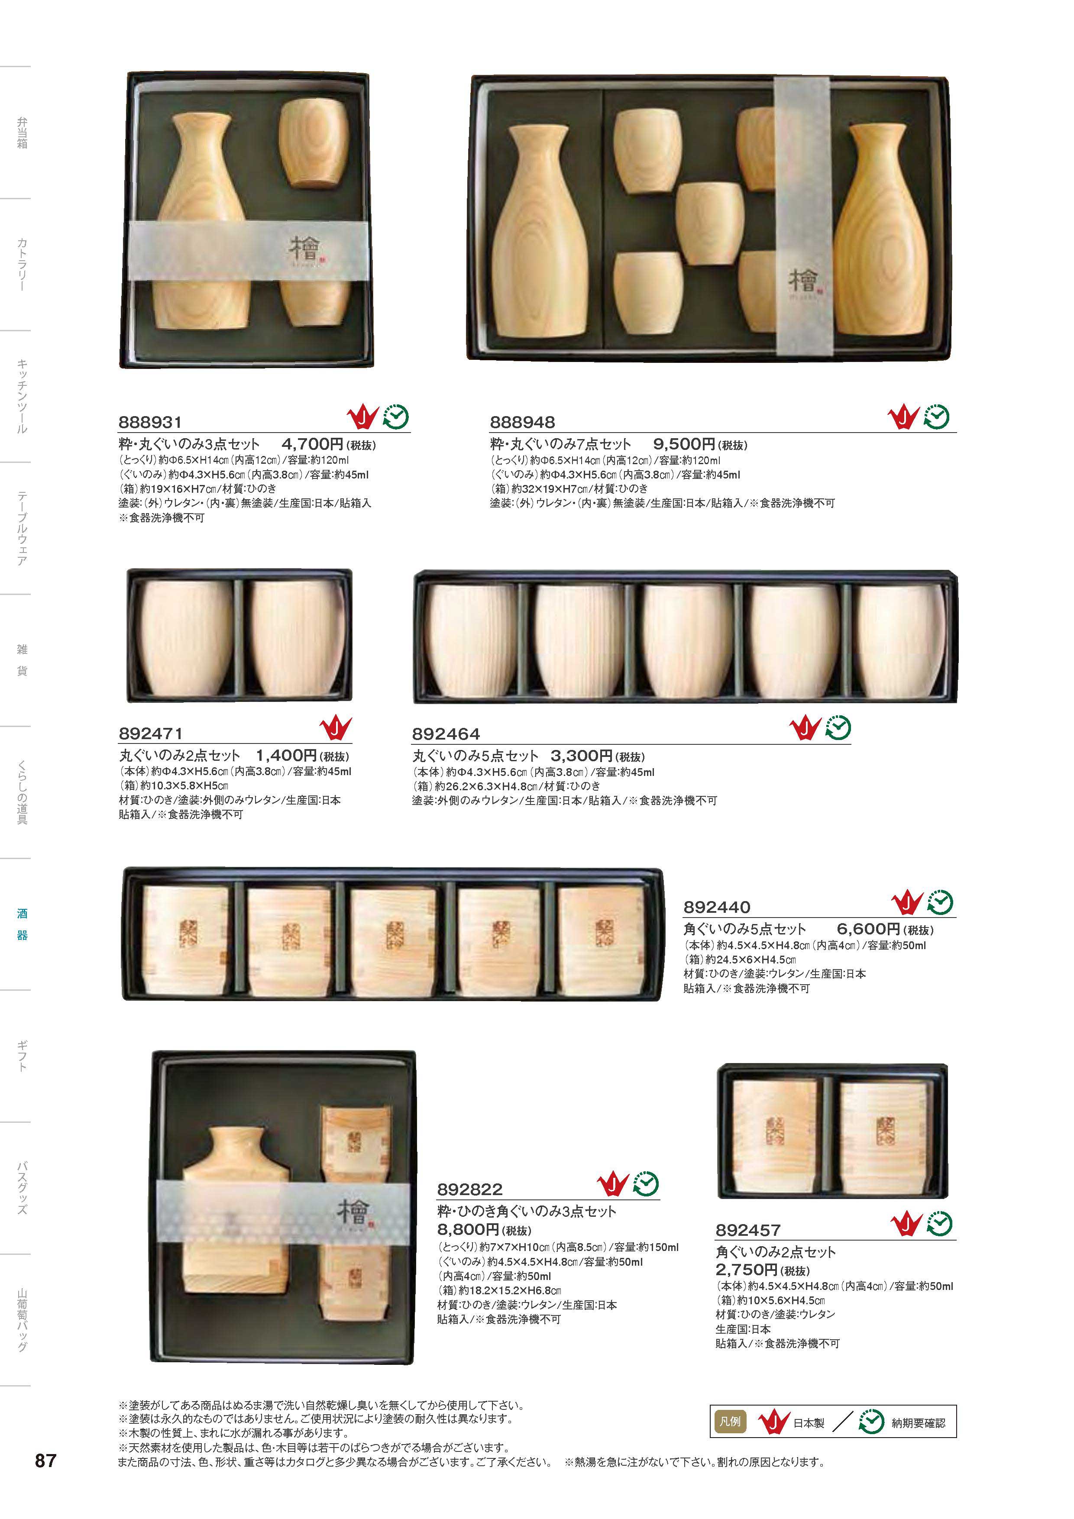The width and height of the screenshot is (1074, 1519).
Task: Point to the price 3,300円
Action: pyautogui.click(x=582, y=756)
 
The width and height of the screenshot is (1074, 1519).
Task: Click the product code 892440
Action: pyautogui.click(x=717, y=907)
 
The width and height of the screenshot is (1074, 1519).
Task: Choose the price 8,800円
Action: pyautogui.click(x=468, y=1230)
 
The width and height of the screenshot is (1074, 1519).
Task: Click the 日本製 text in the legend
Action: pyautogui.click(x=809, y=1423)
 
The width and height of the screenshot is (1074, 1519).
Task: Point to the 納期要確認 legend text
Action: pyautogui.click(x=919, y=1423)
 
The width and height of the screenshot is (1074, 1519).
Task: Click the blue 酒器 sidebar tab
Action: pyautogui.click(x=22, y=924)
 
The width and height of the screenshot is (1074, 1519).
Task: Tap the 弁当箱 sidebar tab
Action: pyautogui.click(x=22, y=133)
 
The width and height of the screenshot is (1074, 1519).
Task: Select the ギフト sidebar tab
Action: pyautogui.click(x=22, y=1056)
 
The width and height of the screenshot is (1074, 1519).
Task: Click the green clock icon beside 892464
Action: pyautogui.click(x=838, y=728)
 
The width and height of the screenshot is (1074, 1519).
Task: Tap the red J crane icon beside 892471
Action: pyautogui.click(x=336, y=728)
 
